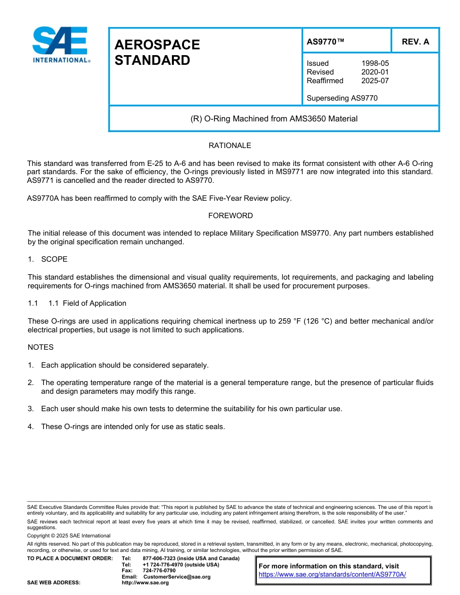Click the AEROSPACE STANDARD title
pyautogui.click(x=157, y=52)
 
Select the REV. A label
pyautogui.click(x=415, y=42)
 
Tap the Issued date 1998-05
pyautogui.click(x=375, y=63)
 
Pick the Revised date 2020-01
pyautogui.click(x=375, y=72)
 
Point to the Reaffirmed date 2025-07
pyautogui.click(x=375, y=81)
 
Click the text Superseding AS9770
pyautogui.click(x=342, y=98)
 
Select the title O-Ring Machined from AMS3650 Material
pyautogui.click(x=274, y=119)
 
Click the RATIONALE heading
pyautogui.click(x=230, y=146)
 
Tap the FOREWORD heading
pyautogui.click(x=230, y=216)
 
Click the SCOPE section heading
pyautogui.click(x=54, y=259)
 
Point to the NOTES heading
pyautogui.click(x=40, y=347)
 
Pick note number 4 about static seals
pyautogui.click(x=133, y=427)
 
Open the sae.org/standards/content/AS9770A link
pyautogui.click(x=332, y=575)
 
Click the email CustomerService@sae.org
pyautogui.click(x=177, y=577)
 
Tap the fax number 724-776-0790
pyautogui.click(x=159, y=570)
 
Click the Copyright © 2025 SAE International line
pyautogui.click(x=69, y=535)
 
